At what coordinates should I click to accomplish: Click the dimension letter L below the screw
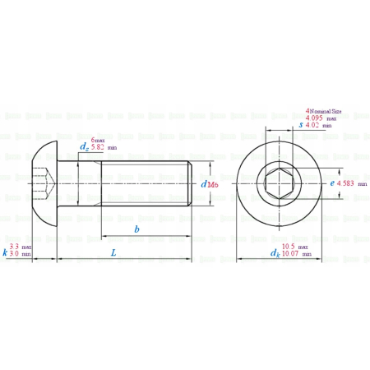(x=113, y=252)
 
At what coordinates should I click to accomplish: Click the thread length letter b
(x=136, y=228)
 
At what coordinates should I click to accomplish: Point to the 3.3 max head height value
(x=15, y=247)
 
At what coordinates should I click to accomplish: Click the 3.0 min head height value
(x=15, y=254)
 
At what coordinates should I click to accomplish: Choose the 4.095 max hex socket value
(x=314, y=118)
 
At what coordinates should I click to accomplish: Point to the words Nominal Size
(x=326, y=110)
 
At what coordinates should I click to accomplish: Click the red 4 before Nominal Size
(x=308, y=109)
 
